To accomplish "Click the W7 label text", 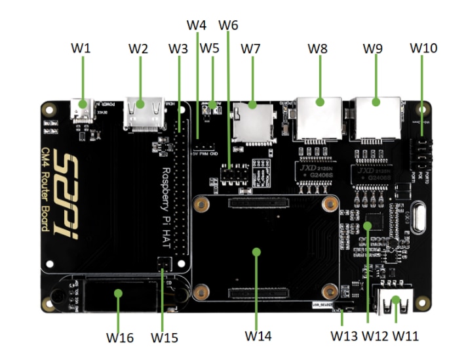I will (x=250, y=49).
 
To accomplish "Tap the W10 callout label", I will (x=423, y=49).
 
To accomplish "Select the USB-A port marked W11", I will (x=395, y=303).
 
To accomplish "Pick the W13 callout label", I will (x=343, y=336).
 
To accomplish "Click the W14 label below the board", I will (x=258, y=336).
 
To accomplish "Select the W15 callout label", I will (x=164, y=338).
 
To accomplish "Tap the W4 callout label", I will (x=197, y=26).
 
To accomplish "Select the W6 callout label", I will (x=228, y=26).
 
